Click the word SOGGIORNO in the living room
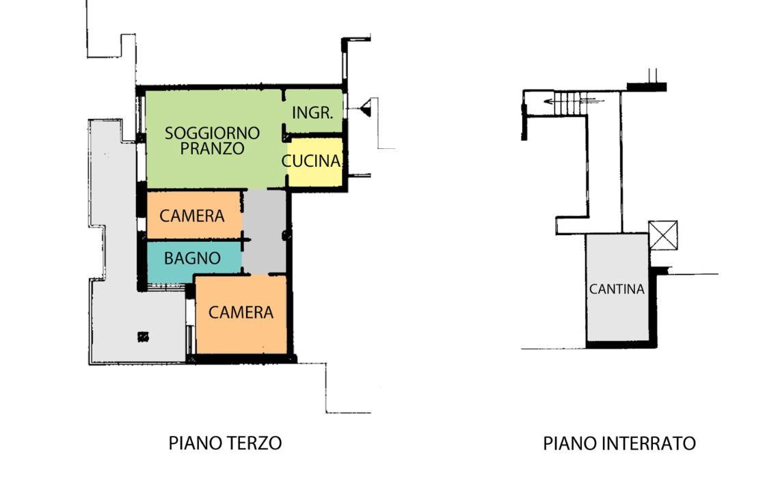click(212, 133)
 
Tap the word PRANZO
click(212, 149)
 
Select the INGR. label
click(312, 113)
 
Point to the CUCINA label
click(311, 162)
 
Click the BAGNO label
click(192, 259)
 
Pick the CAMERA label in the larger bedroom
click(241, 313)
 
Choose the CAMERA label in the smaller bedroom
click(192, 217)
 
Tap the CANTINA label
click(617, 289)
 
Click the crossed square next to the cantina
click(662, 235)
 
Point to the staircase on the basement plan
click(569, 103)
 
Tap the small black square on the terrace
click(143, 336)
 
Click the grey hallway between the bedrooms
click(265, 232)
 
